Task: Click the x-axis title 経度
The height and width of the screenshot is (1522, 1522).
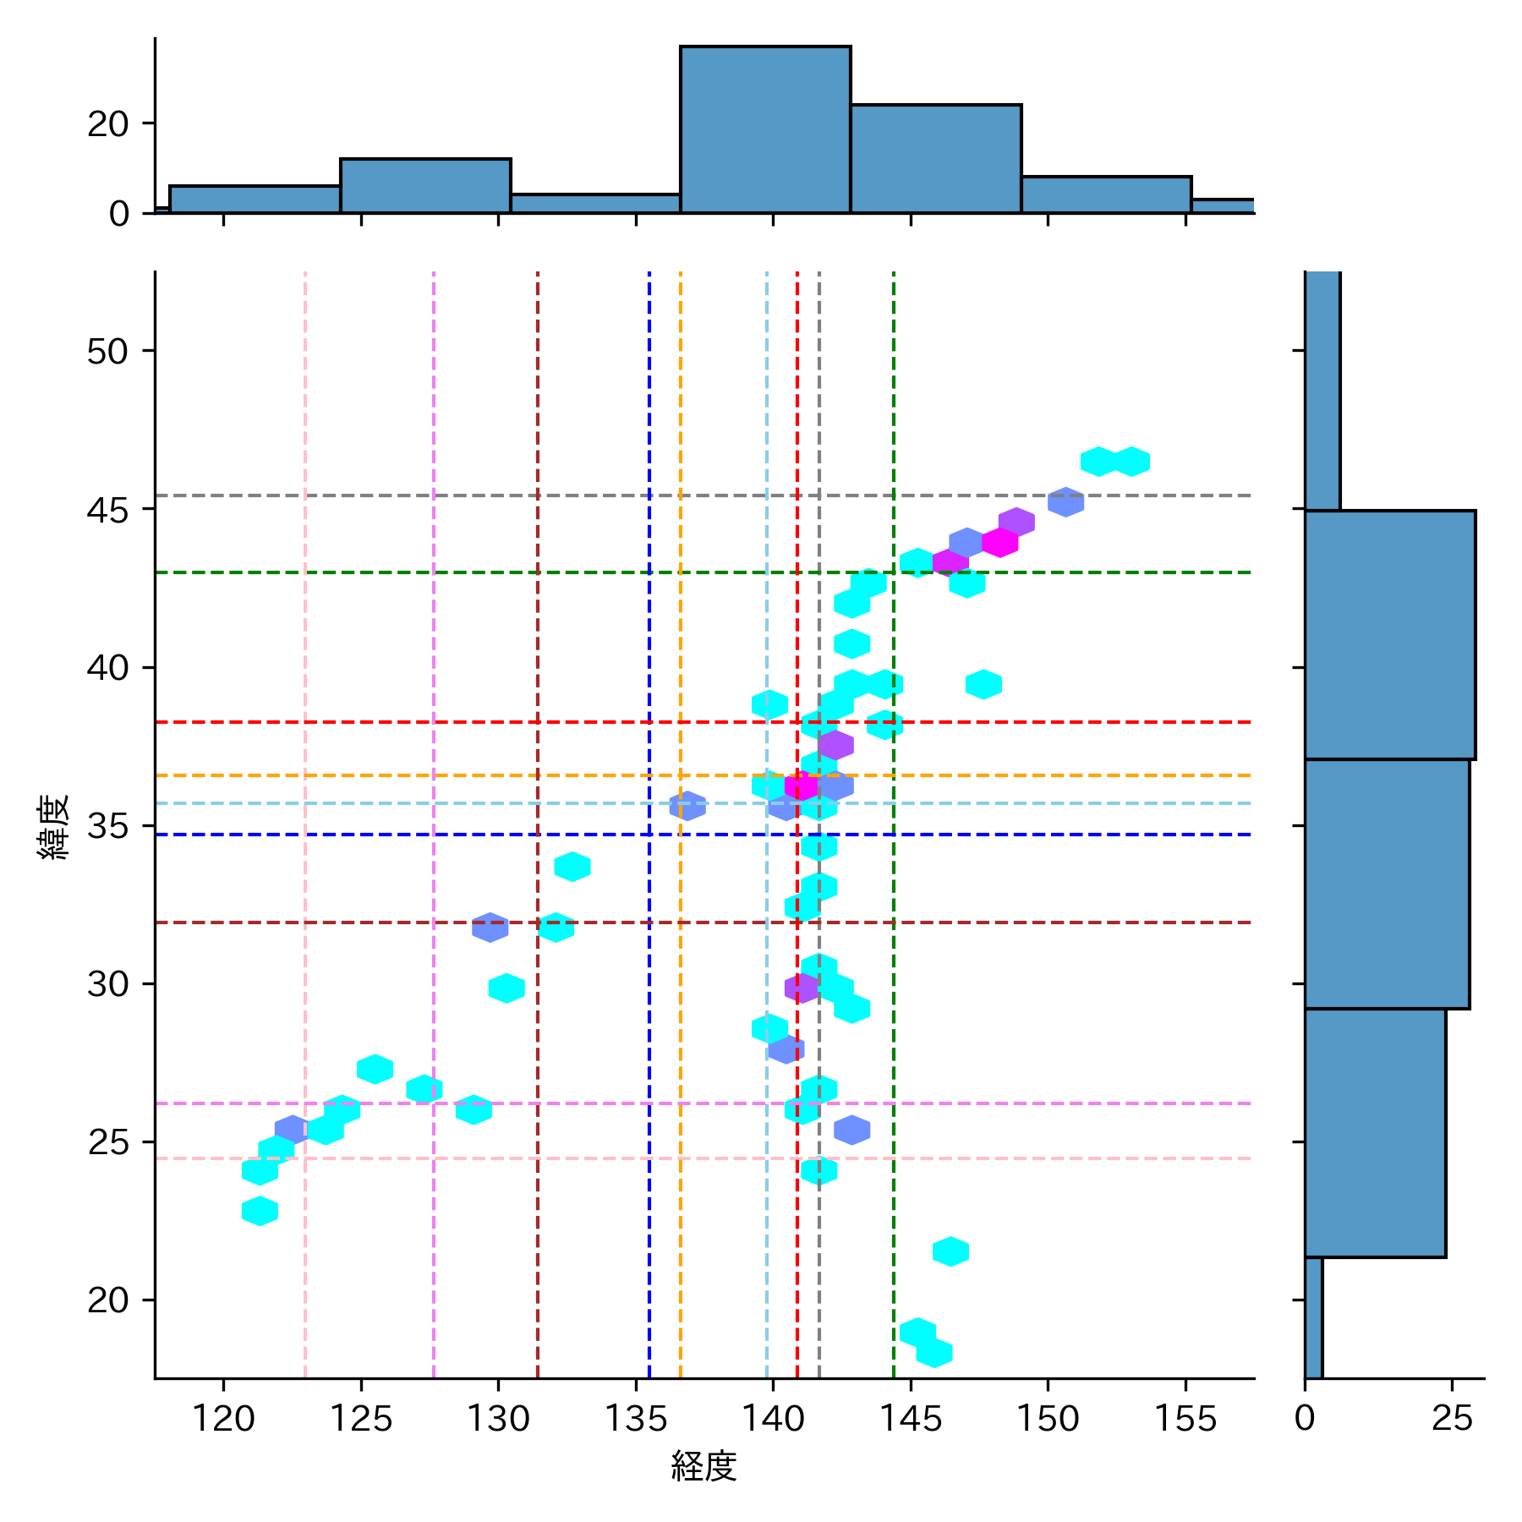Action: pos(704,1466)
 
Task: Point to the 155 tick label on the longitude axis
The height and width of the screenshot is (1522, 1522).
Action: pos(1185,1419)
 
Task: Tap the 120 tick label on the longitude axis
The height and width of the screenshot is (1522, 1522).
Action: pos(223,1419)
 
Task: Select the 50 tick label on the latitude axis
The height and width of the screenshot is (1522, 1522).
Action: pos(107,351)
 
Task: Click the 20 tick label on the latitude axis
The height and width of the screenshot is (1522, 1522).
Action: pos(107,1300)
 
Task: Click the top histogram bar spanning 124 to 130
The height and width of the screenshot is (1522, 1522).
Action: pos(425,185)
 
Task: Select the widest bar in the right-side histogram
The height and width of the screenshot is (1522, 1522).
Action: pos(1389,634)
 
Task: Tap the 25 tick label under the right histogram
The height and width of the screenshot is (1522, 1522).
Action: pos(1452,1419)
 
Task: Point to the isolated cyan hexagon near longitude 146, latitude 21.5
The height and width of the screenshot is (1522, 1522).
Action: pos(950,1251)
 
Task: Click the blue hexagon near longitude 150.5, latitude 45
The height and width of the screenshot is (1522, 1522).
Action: pos(1065,501)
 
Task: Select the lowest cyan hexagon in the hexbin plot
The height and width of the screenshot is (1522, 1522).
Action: pos(934,1353)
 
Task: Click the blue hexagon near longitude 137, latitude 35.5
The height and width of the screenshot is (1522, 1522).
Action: pos(687,806)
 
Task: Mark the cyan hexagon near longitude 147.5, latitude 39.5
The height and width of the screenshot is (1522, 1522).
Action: pos(983,684)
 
